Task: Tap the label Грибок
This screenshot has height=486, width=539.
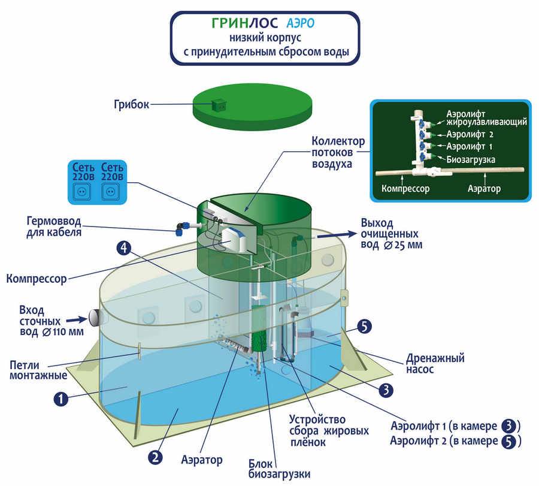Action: coord(131,104)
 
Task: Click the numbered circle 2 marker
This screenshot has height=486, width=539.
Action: coord(155,457)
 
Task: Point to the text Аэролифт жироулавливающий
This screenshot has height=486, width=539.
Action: coord(486,117)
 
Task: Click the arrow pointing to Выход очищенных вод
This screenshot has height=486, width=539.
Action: coord(335,236)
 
